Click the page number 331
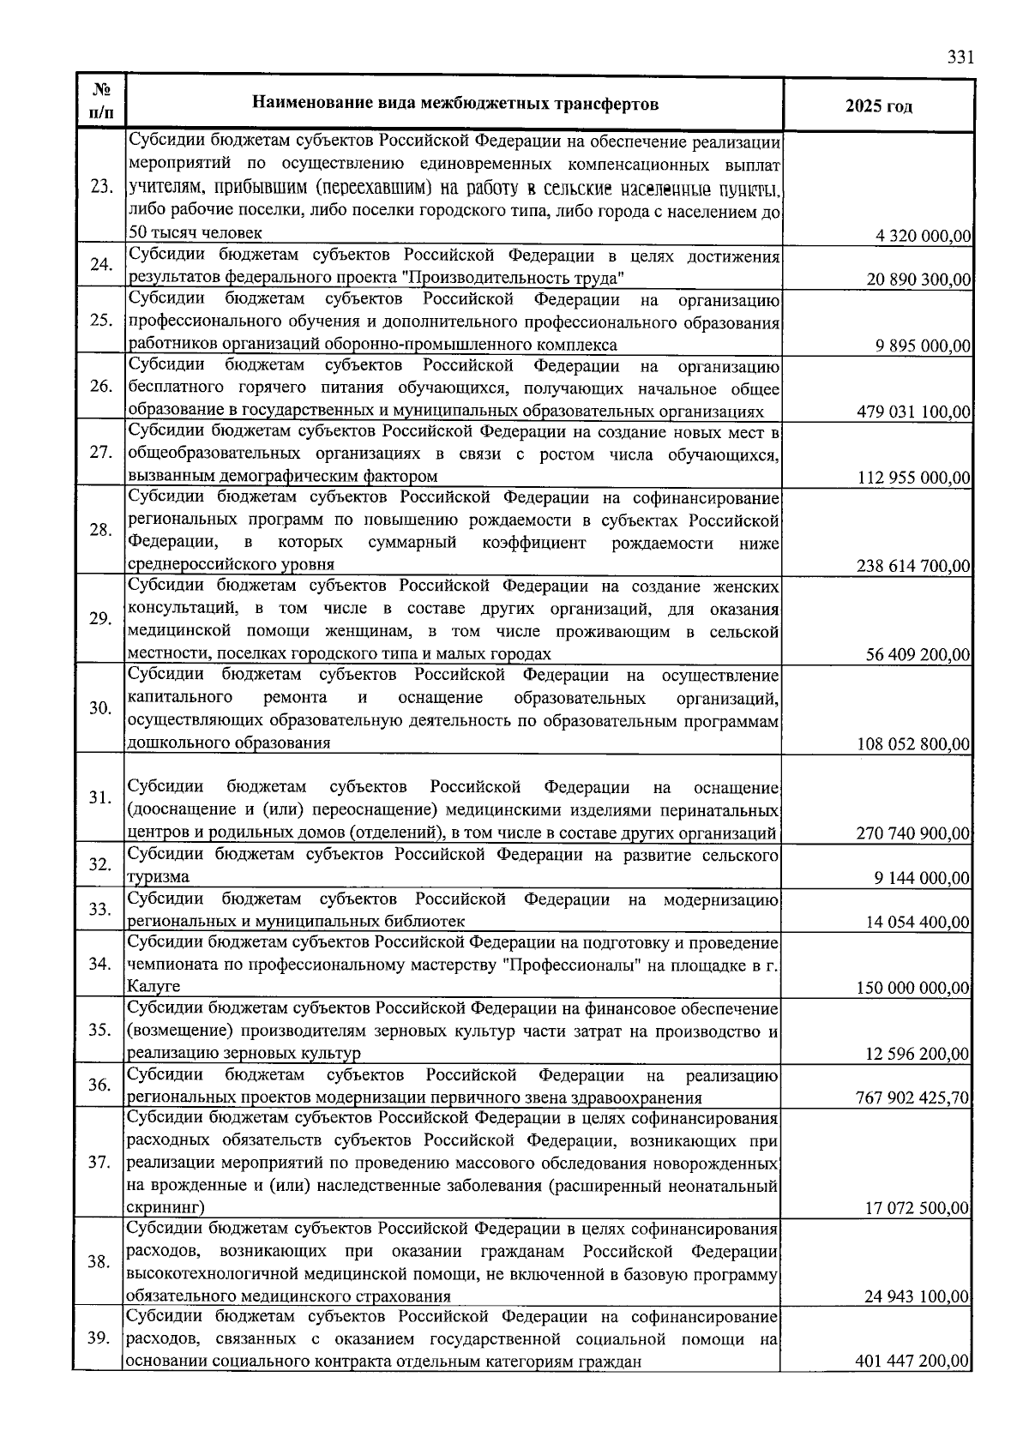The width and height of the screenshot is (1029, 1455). [x=960, y=57]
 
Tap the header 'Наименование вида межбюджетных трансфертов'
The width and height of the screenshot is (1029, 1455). [x=455, y=105]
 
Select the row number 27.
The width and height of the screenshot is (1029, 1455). [x=101, y=453]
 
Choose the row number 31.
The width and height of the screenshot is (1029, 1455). [x=101, y=797]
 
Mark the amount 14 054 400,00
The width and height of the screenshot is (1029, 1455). [x=918, y=923]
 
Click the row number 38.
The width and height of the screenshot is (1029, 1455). [x=101, y=1262]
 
